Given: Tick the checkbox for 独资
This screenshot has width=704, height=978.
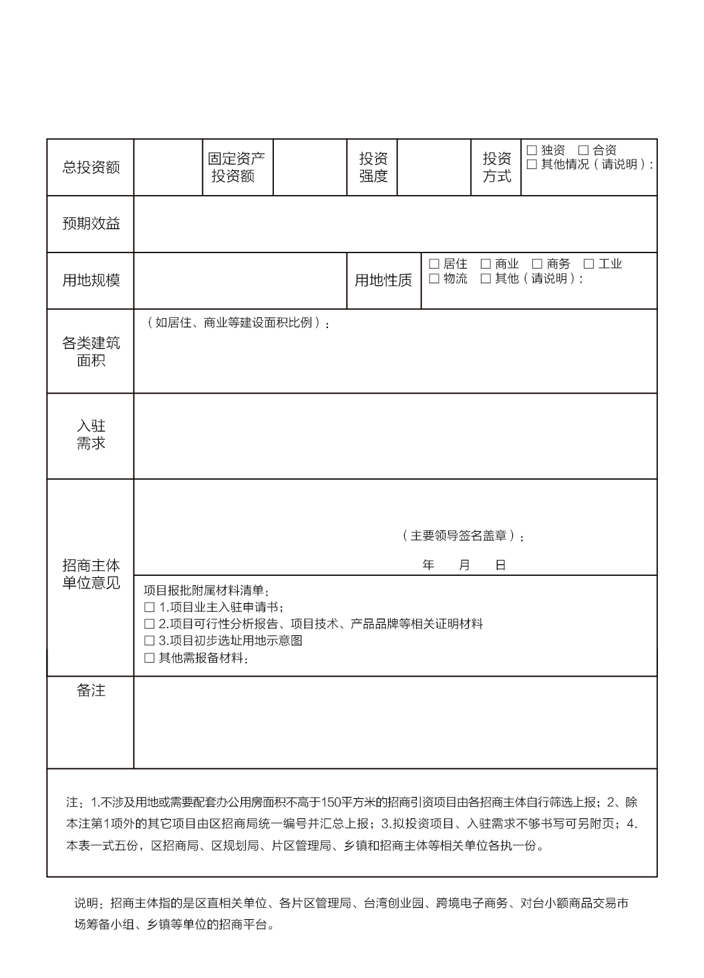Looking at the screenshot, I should click(532, 150).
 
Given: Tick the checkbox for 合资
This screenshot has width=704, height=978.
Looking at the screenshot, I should click(583, 150).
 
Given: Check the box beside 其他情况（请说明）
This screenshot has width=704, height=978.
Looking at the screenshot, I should click(532, 164).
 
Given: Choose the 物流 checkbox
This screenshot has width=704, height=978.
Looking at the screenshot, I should click(434, 279).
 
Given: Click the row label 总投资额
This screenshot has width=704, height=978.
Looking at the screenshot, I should click(91, 168).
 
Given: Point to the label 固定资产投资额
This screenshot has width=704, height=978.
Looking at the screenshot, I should click(236, 168).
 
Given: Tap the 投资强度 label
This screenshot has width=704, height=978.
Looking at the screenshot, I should click(373, 168).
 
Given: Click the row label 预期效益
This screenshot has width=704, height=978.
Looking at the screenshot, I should click(91, 224).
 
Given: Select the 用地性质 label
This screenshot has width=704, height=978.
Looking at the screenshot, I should click(383, 281).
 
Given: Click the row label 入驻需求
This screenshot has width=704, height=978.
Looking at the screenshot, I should click(91, 435).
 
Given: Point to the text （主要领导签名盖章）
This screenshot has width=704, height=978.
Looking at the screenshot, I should click(462, 536).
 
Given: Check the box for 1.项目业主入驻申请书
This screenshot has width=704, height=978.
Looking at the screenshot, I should click(149, 607).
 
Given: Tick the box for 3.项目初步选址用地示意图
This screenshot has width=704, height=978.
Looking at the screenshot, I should click(149, 641).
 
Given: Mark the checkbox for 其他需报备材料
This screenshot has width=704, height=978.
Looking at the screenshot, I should click(149, 658).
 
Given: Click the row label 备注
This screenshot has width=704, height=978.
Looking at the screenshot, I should click(91, 691).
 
